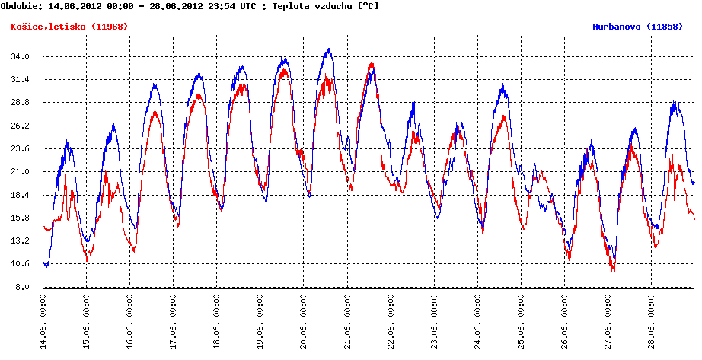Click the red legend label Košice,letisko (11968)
pyautogui.click(x=69, y=27)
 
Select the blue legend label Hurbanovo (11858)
pyautogui.click(x=642, y=27)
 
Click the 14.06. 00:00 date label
pyautogui.click(x=43, y=320)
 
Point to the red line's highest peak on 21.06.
pyautogui.click(x=372, y=64)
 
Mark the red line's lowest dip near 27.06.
pyautogui.click(x=613, y=270)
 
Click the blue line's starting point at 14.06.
pyautogui.click(x=45, y=264)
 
